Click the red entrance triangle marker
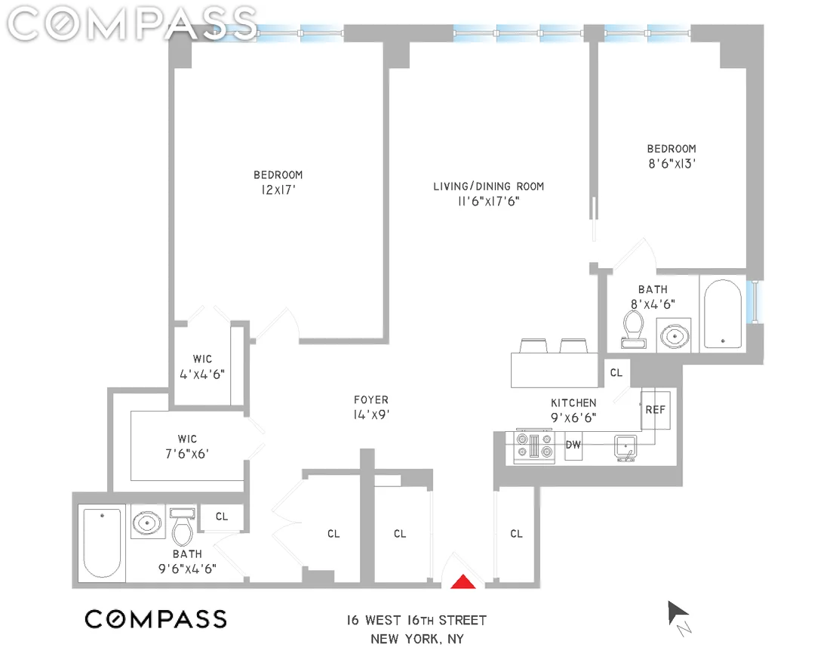pos(463,581)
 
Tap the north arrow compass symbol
pos(679,618)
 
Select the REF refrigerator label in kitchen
pos(655,410)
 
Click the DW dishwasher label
pos(573,445)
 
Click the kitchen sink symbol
pos(625,447)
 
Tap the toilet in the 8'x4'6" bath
pos(633,329)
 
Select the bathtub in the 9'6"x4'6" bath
pos(102,543)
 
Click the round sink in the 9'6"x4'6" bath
pos(146,523)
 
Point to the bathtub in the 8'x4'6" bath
pos(722,313)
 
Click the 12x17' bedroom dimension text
pos(278,190)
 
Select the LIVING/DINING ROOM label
pos(488,187)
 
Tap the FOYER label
pos(371,399)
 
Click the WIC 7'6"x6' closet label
pos(187,446)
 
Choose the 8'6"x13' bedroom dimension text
pos(672,164)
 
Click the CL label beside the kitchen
pos(616,372)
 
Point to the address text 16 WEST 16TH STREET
pos(416,621)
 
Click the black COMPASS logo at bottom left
pos(155,619)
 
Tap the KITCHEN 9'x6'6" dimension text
pos(573,418)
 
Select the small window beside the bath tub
pos(755,301)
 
